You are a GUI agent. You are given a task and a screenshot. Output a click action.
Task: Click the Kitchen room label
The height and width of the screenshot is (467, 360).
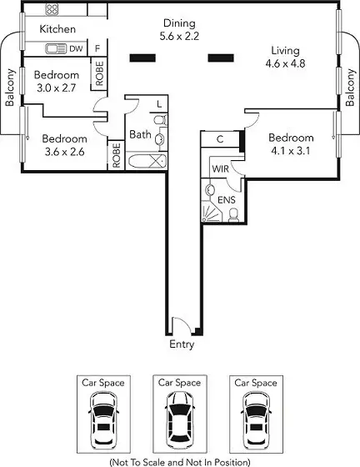pyautogui.click(x=57, y=29)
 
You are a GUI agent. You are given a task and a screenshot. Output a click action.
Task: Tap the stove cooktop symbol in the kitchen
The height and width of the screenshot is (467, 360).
pyautogui.click(x=52, y=9)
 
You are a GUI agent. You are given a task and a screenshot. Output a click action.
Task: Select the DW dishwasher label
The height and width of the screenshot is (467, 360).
pyautogui.click(x=76, y=49)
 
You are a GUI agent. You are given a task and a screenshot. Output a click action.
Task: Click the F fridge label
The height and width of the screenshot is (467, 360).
pyautogui.click(x=97, y=48)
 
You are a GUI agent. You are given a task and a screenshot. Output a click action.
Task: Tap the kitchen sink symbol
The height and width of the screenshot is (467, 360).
pyautogui.click(x=56, y=49)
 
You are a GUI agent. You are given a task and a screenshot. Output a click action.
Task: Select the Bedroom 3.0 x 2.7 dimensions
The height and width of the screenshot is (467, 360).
pyautogui.click(x=57, y=88)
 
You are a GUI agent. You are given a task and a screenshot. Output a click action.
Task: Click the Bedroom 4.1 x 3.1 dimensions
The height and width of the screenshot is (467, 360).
pyautogui.click(x=291, y=151)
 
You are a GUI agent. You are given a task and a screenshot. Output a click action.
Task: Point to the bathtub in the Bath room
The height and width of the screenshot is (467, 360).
pyautogui.click(x=147, y=161)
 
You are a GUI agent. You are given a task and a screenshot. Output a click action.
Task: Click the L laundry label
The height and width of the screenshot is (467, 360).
pyautogui.click(x=159, y=104)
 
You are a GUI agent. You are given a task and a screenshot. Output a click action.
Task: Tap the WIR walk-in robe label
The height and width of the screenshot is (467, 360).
pyautogui.click(x=221, y=168)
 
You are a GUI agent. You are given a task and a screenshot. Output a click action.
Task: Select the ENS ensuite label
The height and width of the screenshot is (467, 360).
pyautogui.click(x=227, y=200)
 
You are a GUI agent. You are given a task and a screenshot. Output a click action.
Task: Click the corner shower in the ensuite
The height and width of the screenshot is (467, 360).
pyautogui.click(x=212, y=211)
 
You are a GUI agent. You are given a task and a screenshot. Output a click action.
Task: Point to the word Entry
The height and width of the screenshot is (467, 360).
pyautogui.click(x=182, y=344)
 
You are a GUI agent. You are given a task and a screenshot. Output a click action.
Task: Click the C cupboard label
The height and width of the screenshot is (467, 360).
pyautogui.click(x=220, y=139)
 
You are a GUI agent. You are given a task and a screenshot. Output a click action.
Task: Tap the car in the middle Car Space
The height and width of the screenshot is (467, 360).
pyautogui.click(x=180, y=419)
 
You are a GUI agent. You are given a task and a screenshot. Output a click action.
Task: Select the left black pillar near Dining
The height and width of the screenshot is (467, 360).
pyautogui.click(x=142, y=58)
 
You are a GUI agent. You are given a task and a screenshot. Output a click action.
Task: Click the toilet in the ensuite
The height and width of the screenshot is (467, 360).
pyautogui.click(x=233, y=215)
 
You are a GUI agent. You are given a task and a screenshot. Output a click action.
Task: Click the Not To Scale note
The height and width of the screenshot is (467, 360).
pyautogui.click(x=180, y=462)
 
